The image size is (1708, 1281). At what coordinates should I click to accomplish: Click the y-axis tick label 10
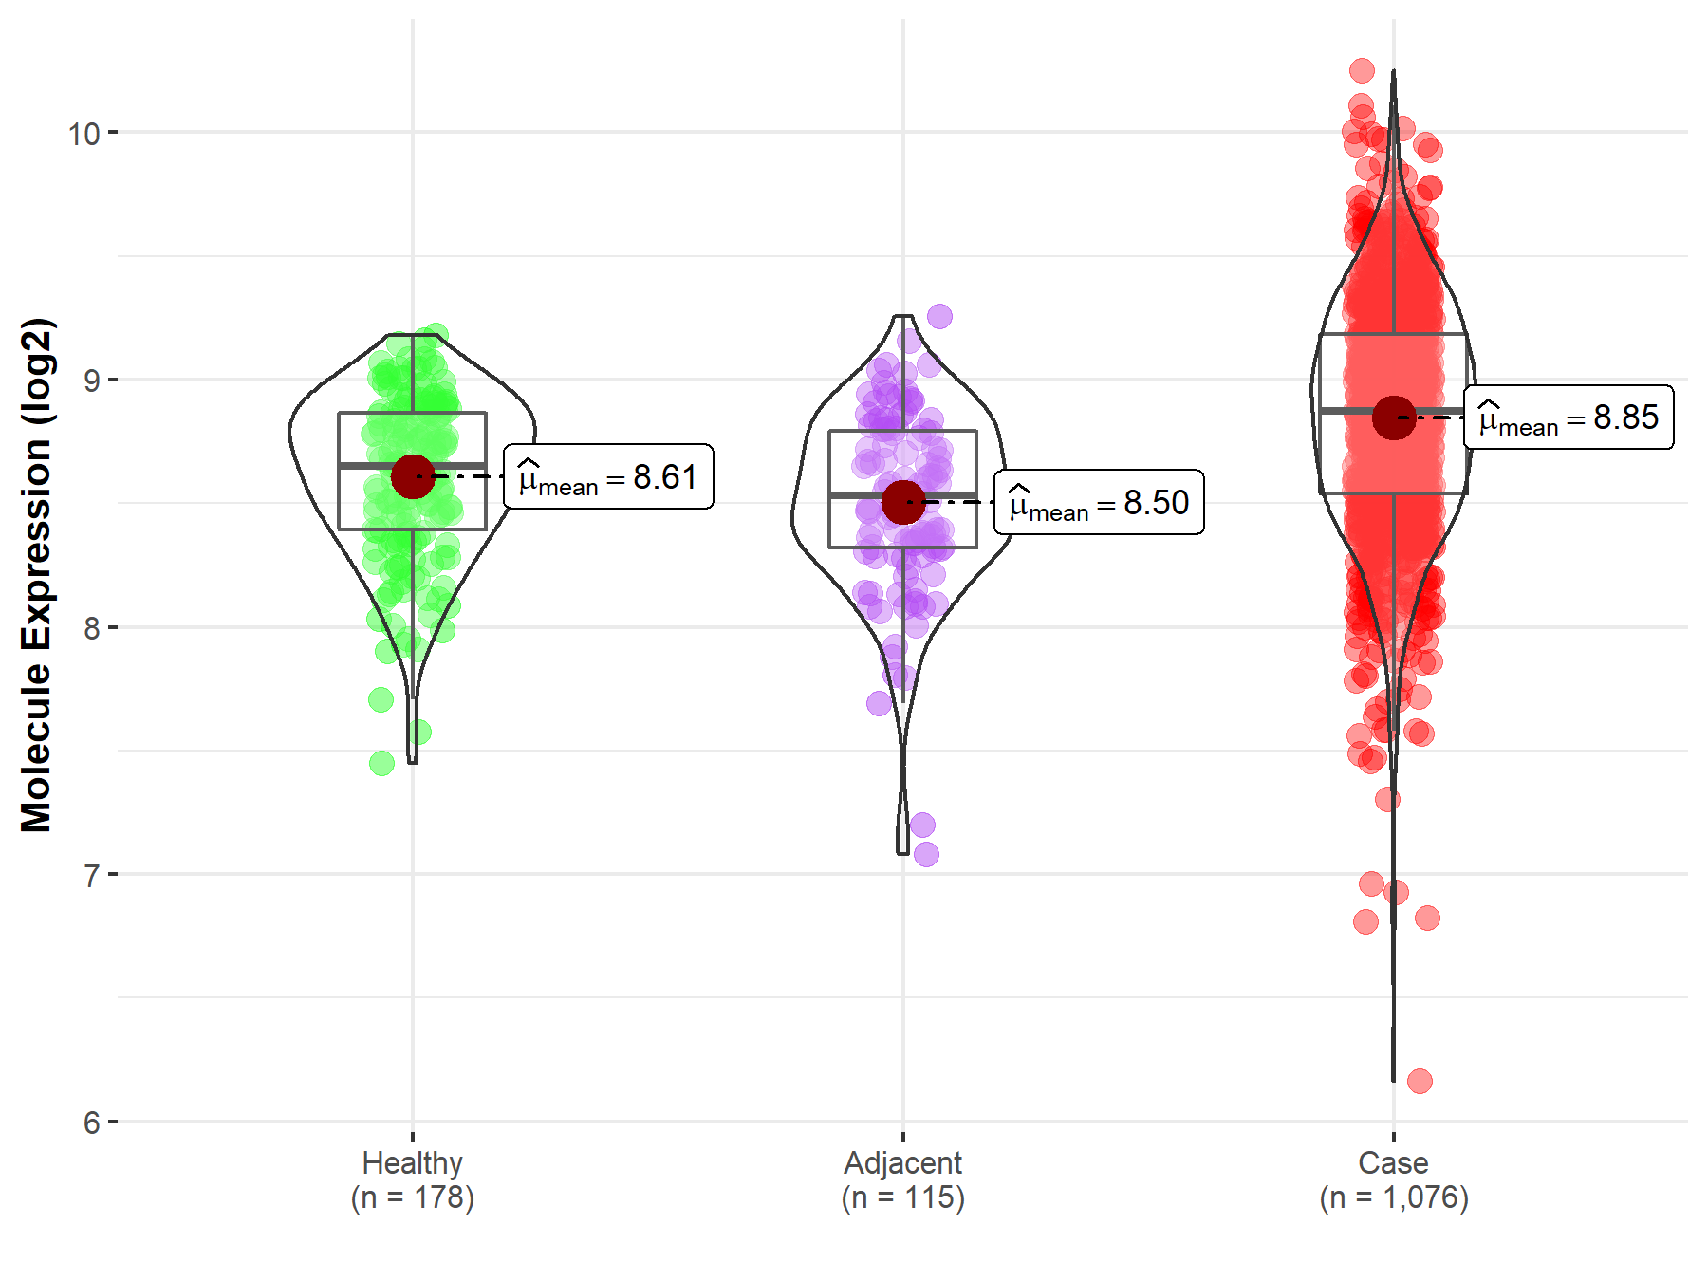[x=84, y=134]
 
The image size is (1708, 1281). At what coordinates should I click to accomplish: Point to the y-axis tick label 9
[x=91, y=381]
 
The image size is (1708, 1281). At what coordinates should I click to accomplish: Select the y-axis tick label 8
[x=91, y=628]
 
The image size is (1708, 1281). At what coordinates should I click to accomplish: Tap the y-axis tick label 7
[x=91, y=875]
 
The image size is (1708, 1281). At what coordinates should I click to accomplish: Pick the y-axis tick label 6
[x=91, y=1123]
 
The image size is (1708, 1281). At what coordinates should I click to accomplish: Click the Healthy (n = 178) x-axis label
[x=412, y=1180]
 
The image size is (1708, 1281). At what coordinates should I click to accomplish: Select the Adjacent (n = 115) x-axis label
[x=902, y=1180]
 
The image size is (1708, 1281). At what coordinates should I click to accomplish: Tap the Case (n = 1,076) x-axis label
[x=1393, y=1180]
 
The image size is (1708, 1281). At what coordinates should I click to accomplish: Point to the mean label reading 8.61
[x=608, y=476]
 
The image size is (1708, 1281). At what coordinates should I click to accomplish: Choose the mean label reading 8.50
[x=1099, y=502]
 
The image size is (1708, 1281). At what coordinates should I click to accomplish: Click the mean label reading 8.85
[x=1569, y=418]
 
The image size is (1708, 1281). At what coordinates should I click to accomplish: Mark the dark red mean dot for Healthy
[x=413, y=475]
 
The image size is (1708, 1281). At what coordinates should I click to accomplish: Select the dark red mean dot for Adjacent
[x=903, y=503]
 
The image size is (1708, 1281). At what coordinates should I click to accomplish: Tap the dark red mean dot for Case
[x=1394, y=418]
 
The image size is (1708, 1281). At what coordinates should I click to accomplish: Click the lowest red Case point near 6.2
[x=1420, y=1081]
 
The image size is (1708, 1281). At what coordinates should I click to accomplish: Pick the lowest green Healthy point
[x=381, y=763]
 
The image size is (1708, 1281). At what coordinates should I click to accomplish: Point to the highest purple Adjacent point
[x=939, y=316]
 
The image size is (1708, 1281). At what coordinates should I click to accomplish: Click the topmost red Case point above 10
[x=1362, y=70]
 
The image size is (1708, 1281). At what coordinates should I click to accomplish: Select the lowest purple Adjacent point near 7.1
[x=926, y=854]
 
